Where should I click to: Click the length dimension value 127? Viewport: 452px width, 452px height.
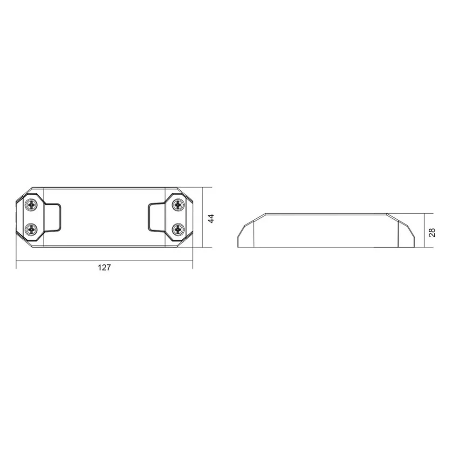(x=104, y=268)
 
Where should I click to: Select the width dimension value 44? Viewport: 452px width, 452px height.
(x=211, y=218)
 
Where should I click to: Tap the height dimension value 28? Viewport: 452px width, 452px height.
(x=432, y=232)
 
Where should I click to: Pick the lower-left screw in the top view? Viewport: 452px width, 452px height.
(x=32, y=229)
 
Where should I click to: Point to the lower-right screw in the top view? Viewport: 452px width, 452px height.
(x=178, y=229)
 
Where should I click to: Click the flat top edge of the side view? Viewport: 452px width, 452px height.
(x=326, y=214)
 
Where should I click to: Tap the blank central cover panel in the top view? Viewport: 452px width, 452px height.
(x=104, y=217)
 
